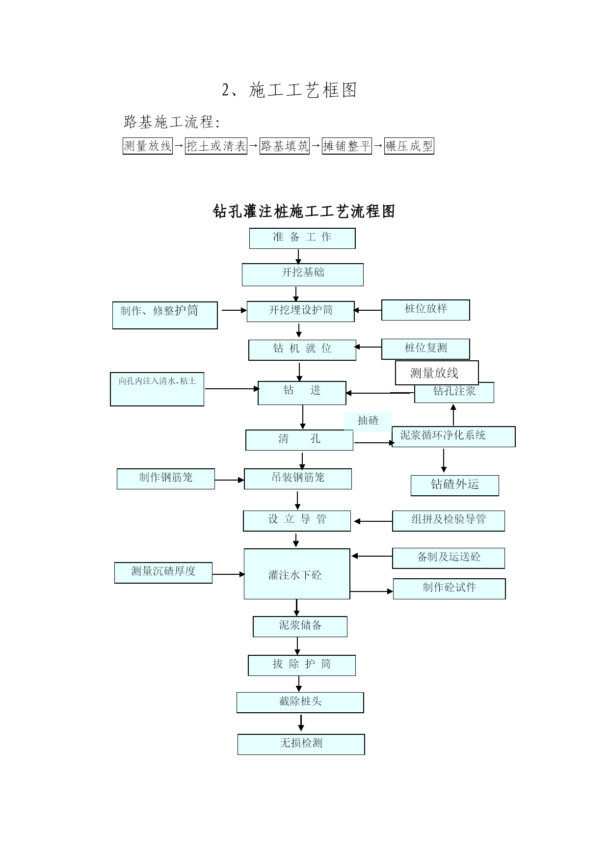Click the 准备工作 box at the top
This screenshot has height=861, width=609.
click(x=302, y=238)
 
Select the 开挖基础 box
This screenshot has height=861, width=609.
click(x=303, y=274)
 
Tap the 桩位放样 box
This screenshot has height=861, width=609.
click(x=425, y=310)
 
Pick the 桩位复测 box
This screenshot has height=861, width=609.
click(x=425, y=349)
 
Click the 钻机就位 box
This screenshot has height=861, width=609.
click(x=302, y=350)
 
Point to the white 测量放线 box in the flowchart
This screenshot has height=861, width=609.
click(x=437, y=373)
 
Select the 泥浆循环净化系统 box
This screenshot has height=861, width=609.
click(x=453, y=436)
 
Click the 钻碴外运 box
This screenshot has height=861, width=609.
click(x=455, y=485)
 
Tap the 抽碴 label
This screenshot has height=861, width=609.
click(x=368, y=421)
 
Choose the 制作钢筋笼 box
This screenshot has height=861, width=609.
click(x=166, y=479)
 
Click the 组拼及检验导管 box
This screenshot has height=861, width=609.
click(x=449, y=521)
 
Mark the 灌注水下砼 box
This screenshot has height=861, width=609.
click(x=297, y=574)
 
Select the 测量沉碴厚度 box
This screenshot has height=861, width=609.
click(x=163, y=573)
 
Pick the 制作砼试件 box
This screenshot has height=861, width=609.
click(x=450, y=589)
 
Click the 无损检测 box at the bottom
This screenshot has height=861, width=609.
click(x=301, y=744)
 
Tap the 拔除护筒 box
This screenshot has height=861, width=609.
click(x=302, y=665)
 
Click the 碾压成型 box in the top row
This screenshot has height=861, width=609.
click(x=409, y=146)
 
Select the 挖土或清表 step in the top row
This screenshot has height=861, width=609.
click(x=216, y=146)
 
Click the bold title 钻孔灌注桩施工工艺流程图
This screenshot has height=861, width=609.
click(x=304, y=212)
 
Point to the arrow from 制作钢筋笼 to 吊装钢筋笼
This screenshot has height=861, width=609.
click(x=230, y=480)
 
